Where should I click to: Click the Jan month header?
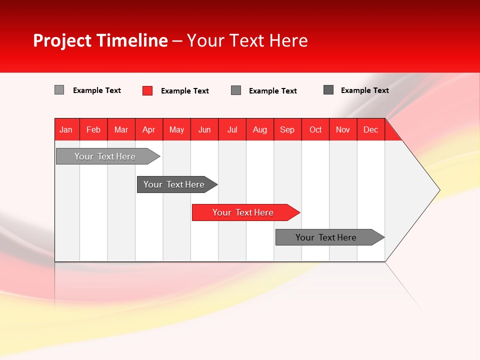[x=66, y=129]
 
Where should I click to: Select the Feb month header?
[x=93, y=129]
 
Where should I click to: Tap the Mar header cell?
[x=121, y=129]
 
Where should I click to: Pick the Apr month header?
[x=149, y=129]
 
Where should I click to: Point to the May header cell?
[x=176, y=129]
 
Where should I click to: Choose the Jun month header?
[x=204, y=129]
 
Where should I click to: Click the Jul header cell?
[x=232, y=129]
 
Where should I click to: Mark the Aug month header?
[x=260, y=129]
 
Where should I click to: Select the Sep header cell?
[x=287, y=129]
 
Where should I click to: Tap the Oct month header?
[x=315, y=129]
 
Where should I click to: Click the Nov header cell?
[x=343, y=129]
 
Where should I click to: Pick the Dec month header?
[x=371, y=129]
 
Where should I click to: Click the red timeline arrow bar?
[x=243, y=212]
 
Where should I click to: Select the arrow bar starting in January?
[x=105, y=156]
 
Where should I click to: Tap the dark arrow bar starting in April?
[x=174, y=184]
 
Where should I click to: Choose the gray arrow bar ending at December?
[x=327, y=237]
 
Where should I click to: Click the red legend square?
[x=147, y=90]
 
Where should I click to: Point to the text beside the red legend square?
[x=185, y=91]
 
